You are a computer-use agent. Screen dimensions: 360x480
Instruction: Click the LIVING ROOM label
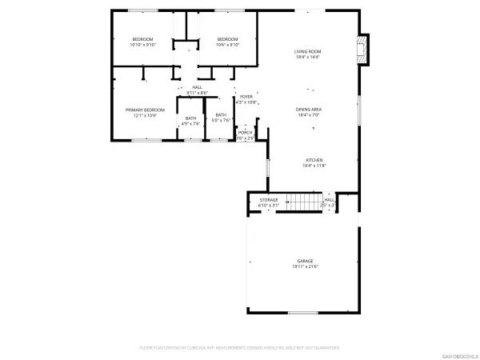tap(307, 51)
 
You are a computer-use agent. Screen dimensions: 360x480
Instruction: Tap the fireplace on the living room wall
tap(366, 50)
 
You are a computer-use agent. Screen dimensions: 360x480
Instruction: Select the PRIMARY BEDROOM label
tap(145, 109)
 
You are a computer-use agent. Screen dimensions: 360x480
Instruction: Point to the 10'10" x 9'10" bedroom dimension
tap(142, 45)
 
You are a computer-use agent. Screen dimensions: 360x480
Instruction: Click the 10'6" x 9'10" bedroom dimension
tap(228, 45)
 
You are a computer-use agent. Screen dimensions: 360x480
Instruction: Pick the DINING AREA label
tap(308, 109)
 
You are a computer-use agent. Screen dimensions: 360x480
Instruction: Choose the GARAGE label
tap(305, 261)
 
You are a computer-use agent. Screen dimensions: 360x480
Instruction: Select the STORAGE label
tap(269, 200)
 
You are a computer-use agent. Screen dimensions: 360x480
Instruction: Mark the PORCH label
tap(246, 133)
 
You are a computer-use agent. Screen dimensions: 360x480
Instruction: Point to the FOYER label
tap(246, 97)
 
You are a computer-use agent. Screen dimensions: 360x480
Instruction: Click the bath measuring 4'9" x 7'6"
tap(190, 118)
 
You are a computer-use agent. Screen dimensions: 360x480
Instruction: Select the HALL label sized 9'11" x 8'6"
tap(197, 87)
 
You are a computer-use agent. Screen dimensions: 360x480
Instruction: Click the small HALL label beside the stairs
tap(329, 200)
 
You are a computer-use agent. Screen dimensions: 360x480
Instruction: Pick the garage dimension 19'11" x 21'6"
tap(305, 266)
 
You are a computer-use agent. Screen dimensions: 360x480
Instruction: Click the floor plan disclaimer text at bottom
tap(240, 348)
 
